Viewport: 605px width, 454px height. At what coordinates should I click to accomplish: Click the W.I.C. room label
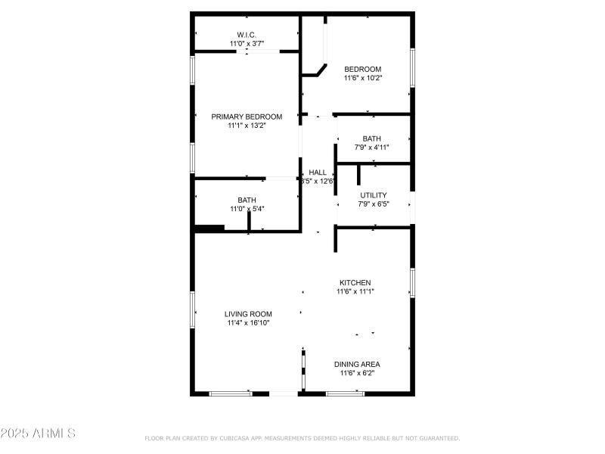247,35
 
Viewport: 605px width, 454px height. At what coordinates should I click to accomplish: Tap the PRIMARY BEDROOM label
247,117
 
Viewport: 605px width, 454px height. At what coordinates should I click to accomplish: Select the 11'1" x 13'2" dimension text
247,126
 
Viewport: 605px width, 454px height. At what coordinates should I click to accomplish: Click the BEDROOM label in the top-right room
363,69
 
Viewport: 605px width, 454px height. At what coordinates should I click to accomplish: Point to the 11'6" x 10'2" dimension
363,78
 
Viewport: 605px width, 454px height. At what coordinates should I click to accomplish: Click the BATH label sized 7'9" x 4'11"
372,138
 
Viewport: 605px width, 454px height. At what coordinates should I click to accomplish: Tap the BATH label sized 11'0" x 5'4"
247,200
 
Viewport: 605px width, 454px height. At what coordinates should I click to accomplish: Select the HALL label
318,173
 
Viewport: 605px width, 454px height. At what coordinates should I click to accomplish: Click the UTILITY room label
373,195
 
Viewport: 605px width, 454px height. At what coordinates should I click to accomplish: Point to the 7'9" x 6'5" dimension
373,204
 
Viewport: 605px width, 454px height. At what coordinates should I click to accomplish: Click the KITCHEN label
355,282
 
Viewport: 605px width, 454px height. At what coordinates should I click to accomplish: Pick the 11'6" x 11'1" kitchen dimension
355,291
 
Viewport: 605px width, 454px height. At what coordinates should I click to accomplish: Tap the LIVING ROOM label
248,314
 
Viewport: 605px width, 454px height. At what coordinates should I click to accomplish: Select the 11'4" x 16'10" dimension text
248,323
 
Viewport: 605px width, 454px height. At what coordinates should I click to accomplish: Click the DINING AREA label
357,364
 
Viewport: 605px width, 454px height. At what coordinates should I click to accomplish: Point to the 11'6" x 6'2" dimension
357,373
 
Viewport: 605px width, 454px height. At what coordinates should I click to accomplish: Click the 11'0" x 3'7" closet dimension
247,44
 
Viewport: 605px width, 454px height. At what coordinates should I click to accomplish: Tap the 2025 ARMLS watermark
38,434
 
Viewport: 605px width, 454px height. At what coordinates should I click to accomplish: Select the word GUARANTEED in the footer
439,438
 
